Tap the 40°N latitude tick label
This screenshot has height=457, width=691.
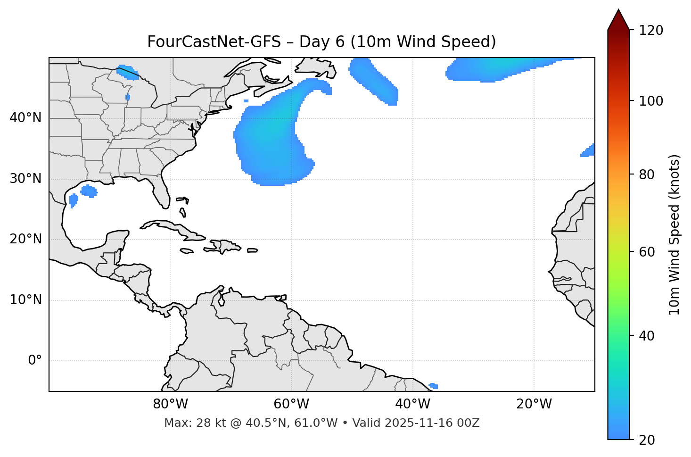pyautogui.click(x=25, y=118)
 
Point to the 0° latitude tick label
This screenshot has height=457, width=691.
pyautogui.click(x=35, y=361)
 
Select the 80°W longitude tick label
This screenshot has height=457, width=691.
pyautogui.click(x=170, y=404)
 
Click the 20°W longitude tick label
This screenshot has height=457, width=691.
pyautogui.click(x=534, y=404)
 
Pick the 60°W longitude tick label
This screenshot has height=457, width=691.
pyautogui.click(x=291, y=404)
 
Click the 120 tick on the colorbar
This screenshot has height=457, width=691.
pyautogui.click(x=651, y=31)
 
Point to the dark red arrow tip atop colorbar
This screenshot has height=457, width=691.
pyautogui.click(x=618, y=19)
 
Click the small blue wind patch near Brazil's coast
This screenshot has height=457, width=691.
pyautogui.click(x=434, y=386)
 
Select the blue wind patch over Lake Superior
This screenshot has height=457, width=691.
pyautogui.click(x=127, y=71)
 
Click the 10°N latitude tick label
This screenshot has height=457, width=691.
pyautogui.click(x=25, y=300)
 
